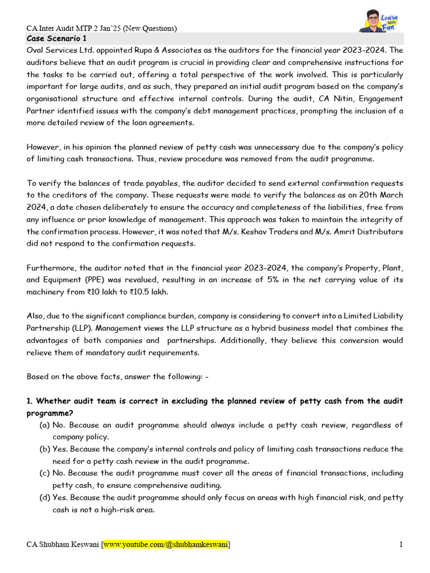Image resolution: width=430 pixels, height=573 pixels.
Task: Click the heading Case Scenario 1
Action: tap(57, 39)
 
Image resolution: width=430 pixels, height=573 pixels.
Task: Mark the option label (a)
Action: tap(44, 425)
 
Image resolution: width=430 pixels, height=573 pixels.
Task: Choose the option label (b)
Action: tap(44, 449)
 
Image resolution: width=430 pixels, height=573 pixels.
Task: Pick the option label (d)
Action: tap(44, 498)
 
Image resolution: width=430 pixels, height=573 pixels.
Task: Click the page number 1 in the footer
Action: tap(401, 544)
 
